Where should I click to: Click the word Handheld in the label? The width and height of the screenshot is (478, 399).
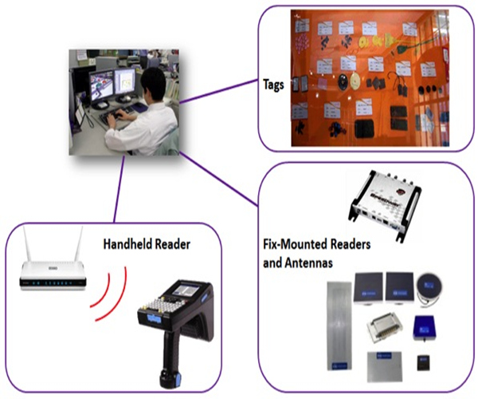[127, 243]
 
